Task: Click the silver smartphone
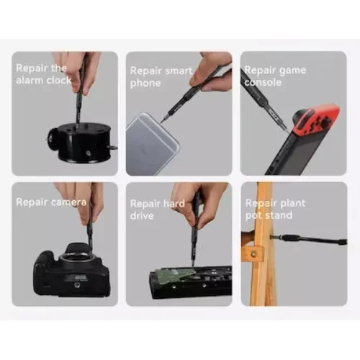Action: (x=152, y=143)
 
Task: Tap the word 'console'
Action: (x=263, y=82)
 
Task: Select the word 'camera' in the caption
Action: (x=68, y=202)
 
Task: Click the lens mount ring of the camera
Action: (x=76, y=260)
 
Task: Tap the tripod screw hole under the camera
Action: (x=77, y=285)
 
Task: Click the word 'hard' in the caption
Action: (x=174, y=204)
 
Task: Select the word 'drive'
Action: (x=142, y=215)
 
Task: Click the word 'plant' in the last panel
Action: (x=292, y=203)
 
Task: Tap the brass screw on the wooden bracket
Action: (x=253, y=253)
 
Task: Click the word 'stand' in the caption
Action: (x=281, y=215)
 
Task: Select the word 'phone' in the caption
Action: (x=145, y=84)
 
